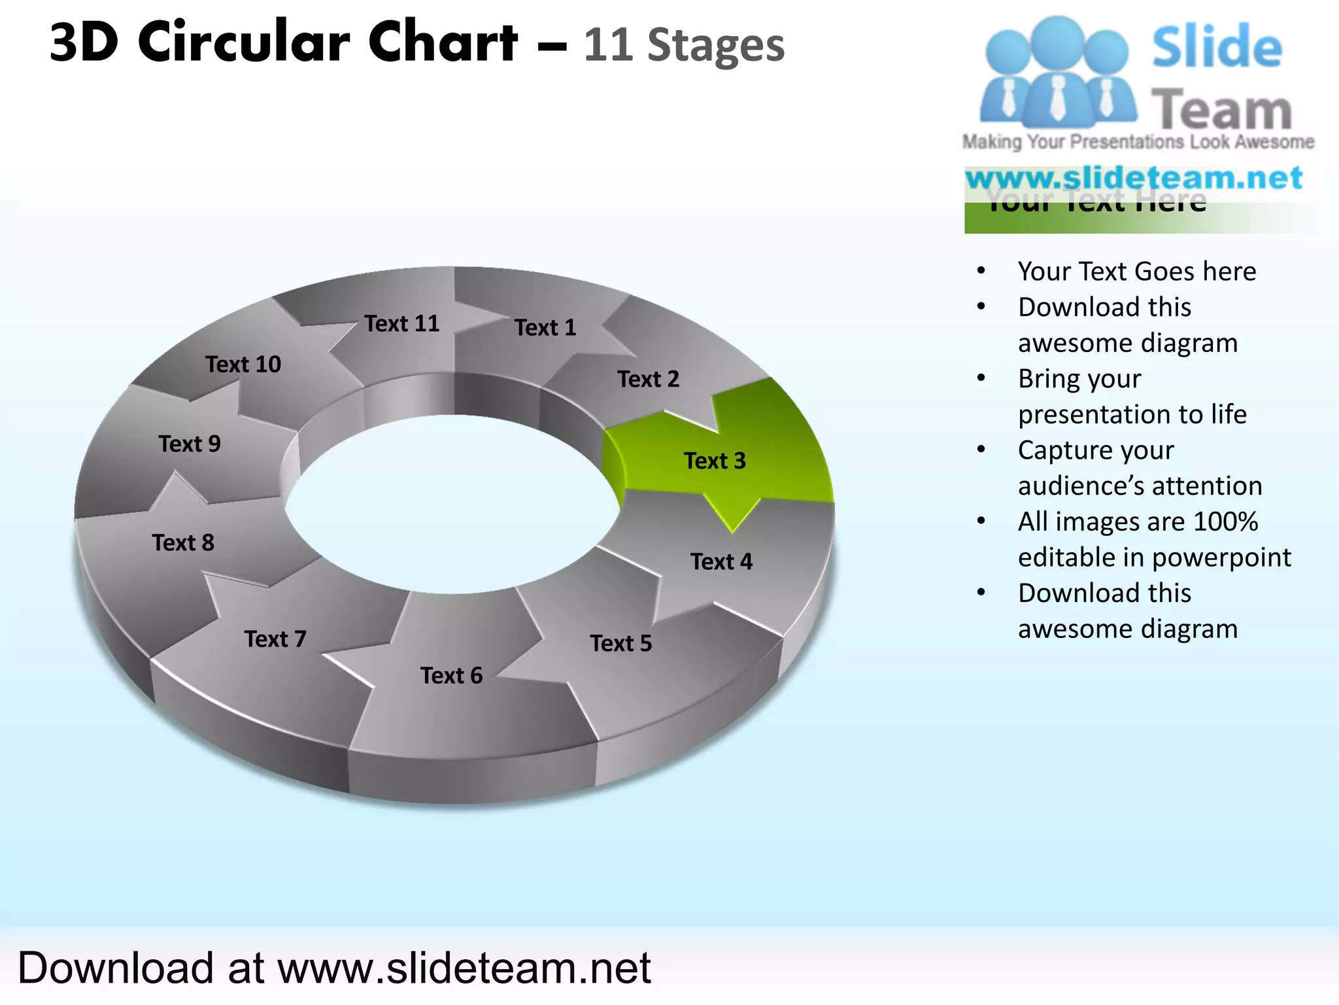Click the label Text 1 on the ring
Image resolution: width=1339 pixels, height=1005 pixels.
click(545, 327)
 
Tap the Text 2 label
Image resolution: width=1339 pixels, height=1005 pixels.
click(648, 379)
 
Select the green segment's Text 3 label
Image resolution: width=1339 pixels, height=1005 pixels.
click(715, 461)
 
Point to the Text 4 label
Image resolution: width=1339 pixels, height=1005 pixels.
click(721, 561)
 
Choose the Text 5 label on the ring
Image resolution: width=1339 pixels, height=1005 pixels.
click(620, 643)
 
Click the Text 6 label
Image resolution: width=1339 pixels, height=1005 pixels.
click(451, 675)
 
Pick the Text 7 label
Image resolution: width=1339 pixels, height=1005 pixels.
click(275, 639)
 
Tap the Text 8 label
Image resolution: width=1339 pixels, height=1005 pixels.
click(183, 542)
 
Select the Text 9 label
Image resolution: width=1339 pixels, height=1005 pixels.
click(190, 444)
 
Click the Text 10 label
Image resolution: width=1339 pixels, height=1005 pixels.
click(243, 364)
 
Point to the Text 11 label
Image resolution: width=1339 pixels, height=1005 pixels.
click(402, 323)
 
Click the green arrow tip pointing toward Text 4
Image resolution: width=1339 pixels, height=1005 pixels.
click(733, 523)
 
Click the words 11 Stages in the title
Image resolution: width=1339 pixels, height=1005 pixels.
click(684, 45)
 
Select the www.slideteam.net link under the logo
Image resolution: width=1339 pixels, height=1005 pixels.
click(1134, 178)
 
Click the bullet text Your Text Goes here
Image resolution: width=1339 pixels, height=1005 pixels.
click(1137, 271)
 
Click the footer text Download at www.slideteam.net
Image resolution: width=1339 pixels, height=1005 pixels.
click(334, 968)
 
